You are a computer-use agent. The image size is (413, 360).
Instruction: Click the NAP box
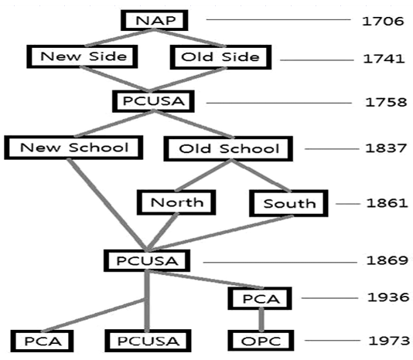coord(155,20)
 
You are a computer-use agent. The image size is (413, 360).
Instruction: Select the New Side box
coord(82,56)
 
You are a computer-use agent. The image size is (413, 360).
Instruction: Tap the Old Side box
coord(220,57)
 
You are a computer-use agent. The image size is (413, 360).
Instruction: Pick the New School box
coord(73,148)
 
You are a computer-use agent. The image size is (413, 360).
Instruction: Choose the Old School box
coord(228,148)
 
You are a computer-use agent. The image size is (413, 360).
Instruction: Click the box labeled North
coord(176,202)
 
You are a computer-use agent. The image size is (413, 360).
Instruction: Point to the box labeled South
coord(288,203)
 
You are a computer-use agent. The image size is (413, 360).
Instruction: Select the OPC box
coord(261,341)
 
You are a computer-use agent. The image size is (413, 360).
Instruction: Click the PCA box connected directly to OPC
coord(260,298)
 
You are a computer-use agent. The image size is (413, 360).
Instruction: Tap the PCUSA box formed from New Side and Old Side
coord(153,101)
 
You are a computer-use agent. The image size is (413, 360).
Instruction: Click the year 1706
coord(383,21)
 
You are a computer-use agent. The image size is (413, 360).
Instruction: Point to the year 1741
coord(384,59)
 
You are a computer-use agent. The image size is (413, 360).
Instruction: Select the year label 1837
coord(386,148)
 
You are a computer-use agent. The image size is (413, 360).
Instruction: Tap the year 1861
coord(387,203)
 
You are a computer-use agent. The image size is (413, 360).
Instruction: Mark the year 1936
coord(388,297)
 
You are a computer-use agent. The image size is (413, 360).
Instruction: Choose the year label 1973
coord(389,341)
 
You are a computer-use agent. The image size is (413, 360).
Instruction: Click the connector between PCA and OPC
coord(261,320)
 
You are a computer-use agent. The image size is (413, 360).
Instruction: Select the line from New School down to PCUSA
coord(108,204)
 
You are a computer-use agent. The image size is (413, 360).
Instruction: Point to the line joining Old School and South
coord(261,175)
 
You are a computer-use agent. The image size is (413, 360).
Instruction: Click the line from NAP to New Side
coord(119,38)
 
